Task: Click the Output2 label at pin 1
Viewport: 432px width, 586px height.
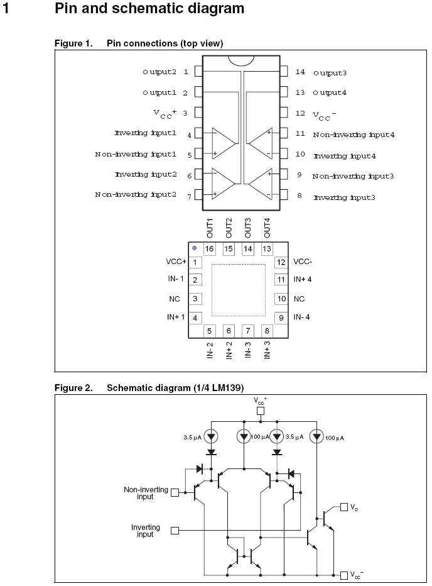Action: click(159, 72)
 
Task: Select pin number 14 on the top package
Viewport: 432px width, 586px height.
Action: click(300, 72)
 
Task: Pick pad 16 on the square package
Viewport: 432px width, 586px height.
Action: click(210, 249)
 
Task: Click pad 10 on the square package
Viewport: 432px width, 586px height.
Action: click(281, 299)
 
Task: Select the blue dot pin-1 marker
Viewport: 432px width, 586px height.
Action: click(195, 248)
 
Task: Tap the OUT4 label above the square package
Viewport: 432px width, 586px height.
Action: click(267, 227)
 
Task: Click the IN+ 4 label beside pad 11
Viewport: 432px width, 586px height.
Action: click(303, 279)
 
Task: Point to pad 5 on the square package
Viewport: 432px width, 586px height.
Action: click(210, 330)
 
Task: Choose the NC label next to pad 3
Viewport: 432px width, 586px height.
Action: click(175, 299)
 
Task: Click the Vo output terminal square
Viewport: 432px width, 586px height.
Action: click(343, 507)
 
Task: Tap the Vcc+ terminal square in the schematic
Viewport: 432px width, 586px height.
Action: click(261, 411)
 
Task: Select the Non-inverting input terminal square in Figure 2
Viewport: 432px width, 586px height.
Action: click(175, 493)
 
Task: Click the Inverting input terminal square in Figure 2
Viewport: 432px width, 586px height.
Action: click(175, 531)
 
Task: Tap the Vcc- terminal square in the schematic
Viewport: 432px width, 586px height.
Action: click(343, 575)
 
